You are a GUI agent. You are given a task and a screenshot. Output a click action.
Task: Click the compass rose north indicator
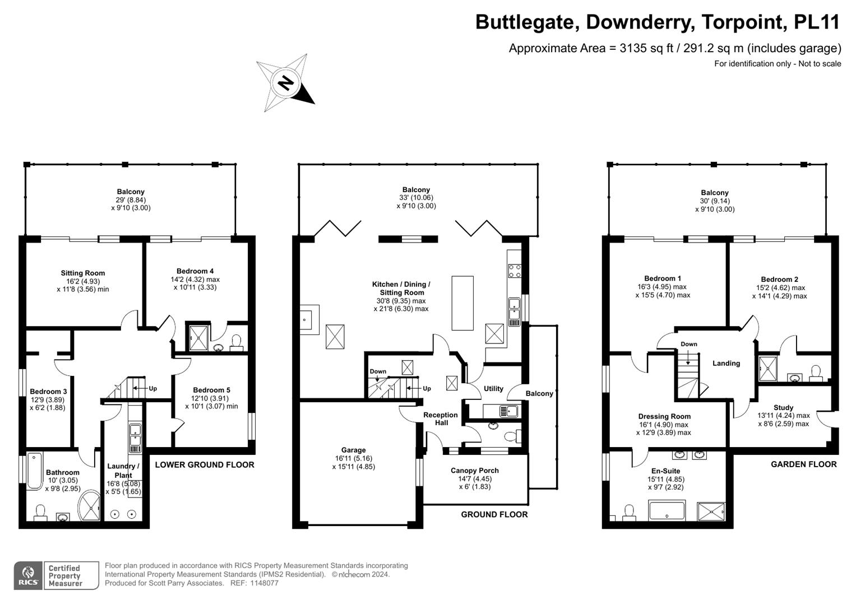(x=286, y=83)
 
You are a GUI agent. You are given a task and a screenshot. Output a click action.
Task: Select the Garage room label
(x=353, y=450)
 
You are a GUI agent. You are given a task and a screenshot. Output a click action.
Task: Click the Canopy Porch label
(x=474, y=471)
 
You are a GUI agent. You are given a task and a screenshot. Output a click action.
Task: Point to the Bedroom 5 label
(x=211, y=390)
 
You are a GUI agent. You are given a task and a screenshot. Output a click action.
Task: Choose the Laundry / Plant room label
(x=123, y=471)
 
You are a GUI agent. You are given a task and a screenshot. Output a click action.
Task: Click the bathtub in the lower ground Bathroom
(x=34, y=471)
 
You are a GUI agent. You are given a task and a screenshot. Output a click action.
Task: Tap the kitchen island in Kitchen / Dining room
(x=462, y=303)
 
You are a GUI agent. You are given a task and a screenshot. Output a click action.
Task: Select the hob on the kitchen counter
(x=514, y=271)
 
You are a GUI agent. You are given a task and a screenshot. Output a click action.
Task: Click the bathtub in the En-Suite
(x=666, y=511)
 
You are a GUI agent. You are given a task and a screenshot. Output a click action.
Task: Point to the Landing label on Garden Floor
(x=726, y=363)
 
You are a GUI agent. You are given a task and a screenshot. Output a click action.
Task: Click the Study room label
(x=783, y=407)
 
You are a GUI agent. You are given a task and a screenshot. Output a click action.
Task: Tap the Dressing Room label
(x=664, y=416)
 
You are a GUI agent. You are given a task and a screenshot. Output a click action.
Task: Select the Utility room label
(x=493, y=388)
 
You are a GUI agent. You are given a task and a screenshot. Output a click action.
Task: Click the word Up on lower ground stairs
(x=152, y=388)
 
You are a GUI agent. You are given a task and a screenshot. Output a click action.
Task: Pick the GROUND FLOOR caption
(x=494, y=514)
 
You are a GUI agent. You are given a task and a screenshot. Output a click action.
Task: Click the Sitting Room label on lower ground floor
(x=83, y=273)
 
